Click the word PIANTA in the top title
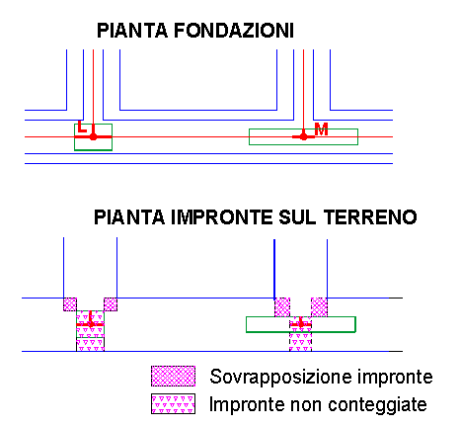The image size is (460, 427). click(x=132, y=31)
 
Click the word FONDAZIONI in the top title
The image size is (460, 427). click(x=234, y=31)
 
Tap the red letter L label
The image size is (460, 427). click(x=82, y=127)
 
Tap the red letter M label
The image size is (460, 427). click(x=321, y=129)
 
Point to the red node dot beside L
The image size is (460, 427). click(x=93, y=136)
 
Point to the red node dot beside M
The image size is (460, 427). click(x=303, y=136)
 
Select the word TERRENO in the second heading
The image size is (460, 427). click(x=370, y=217)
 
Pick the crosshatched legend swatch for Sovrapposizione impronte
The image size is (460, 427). click(x=173, y=376)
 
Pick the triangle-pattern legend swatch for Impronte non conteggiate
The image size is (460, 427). click(x=173, y=403)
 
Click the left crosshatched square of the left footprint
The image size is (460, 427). click(x=70, y=304)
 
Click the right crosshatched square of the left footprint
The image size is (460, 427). click(x=111, y=304)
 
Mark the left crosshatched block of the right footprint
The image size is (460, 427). click(x=282, y=307)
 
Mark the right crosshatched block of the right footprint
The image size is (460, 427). click(x=319, y=307)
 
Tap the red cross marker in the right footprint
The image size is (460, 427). click(x=300, y=324)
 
